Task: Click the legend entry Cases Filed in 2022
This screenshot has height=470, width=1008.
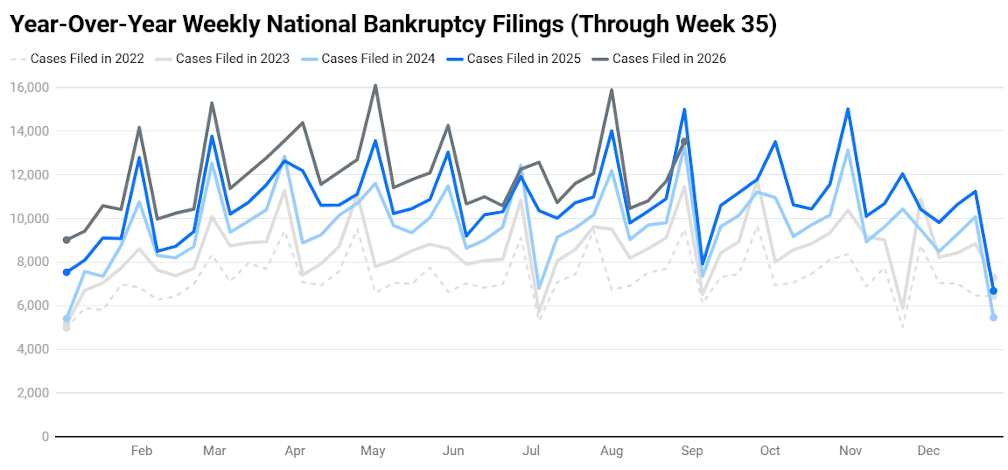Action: [x=77, y=59]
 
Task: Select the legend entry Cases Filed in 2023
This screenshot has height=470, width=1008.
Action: [x=223, y=59]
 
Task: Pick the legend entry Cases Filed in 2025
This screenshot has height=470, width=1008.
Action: [x=514, y=59]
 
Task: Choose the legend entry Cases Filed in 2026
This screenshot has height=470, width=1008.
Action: [x=659, y=59]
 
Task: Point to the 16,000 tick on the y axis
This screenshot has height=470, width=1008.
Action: [x=30, y=87]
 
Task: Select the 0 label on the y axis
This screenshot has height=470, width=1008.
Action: [x=45, y=436]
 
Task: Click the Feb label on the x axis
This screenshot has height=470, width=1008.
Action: [x=142, y=451]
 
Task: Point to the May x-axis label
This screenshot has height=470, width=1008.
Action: [x=373, y=451]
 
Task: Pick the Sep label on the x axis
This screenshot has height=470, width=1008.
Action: [x=692, y=451]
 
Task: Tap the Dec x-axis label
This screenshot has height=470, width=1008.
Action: [x=928, y=451]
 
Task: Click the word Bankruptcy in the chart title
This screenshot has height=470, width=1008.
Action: [x=424, y=24]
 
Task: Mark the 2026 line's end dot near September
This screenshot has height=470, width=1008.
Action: [x=684, y=141]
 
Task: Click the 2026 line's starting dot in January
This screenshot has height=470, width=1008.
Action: [x=66, y=240]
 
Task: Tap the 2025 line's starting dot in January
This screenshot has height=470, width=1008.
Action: [x=66, y=272]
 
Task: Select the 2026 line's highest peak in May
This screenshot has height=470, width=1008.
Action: [x=375, y=85]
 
